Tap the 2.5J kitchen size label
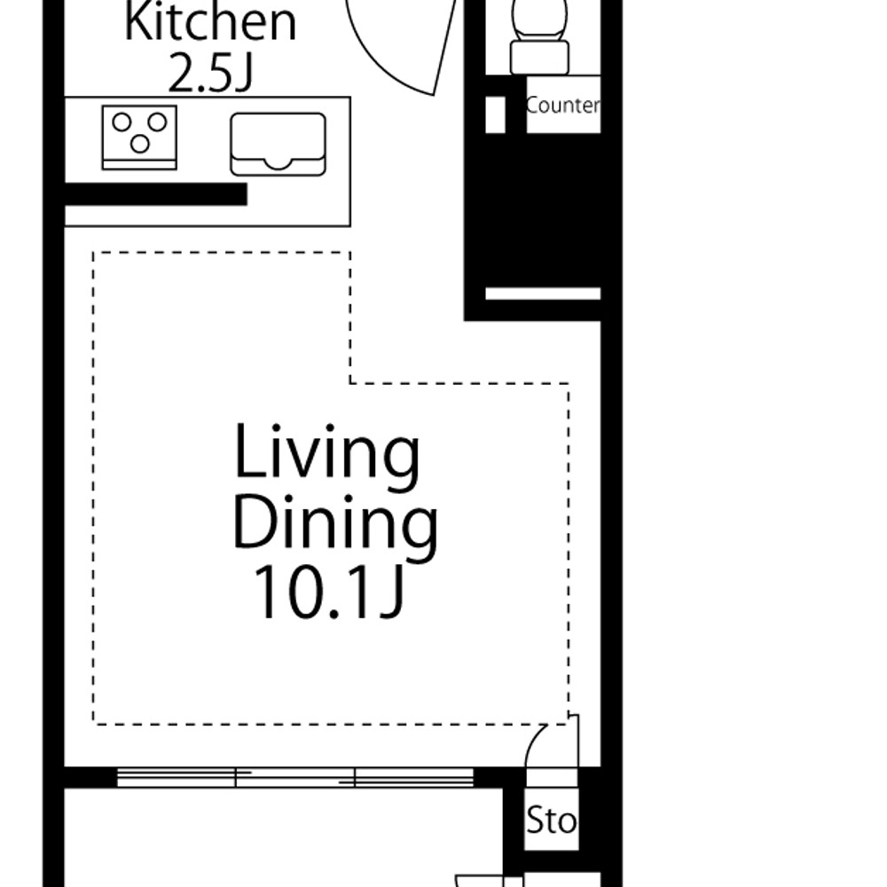pos(210,74)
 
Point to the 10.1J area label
pos(329,593)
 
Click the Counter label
pos(562,106)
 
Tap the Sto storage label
pos(551,820)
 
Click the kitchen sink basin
pos(278,144)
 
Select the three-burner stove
pos(139,137)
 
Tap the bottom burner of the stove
pos(140,145)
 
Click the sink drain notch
pos(278,163)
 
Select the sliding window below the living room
pos(294,777)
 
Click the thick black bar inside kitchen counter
pos(156,194)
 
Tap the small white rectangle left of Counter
pos(496,114)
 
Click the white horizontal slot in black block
pos(543,294)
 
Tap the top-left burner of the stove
pos(122,122)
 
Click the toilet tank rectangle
pos(539,57)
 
